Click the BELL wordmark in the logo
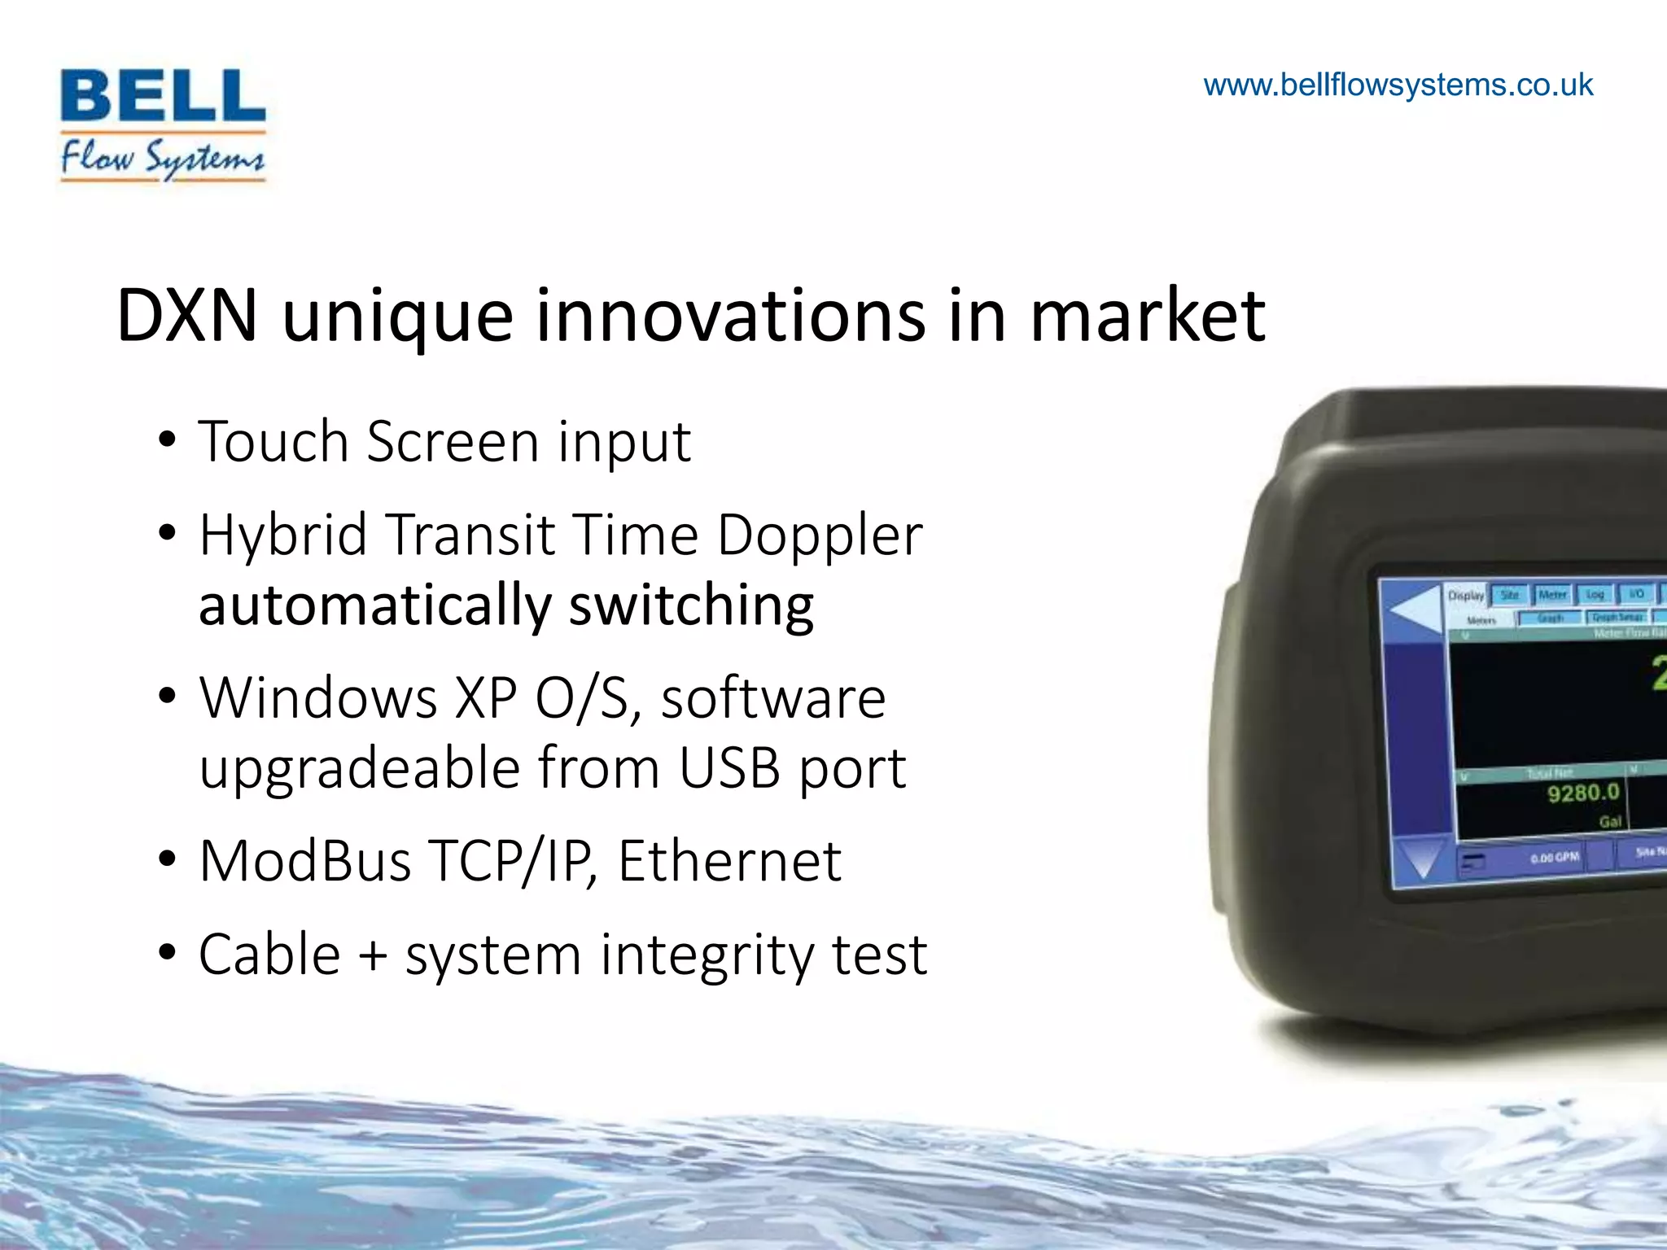163,96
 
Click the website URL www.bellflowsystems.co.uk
1398,85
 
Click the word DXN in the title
187,316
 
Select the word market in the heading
1148,316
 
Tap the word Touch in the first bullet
273,442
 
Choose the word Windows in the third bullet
318,698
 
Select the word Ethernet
729,861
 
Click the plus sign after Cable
373,955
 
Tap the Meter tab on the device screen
1552,595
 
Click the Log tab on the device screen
1595,595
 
